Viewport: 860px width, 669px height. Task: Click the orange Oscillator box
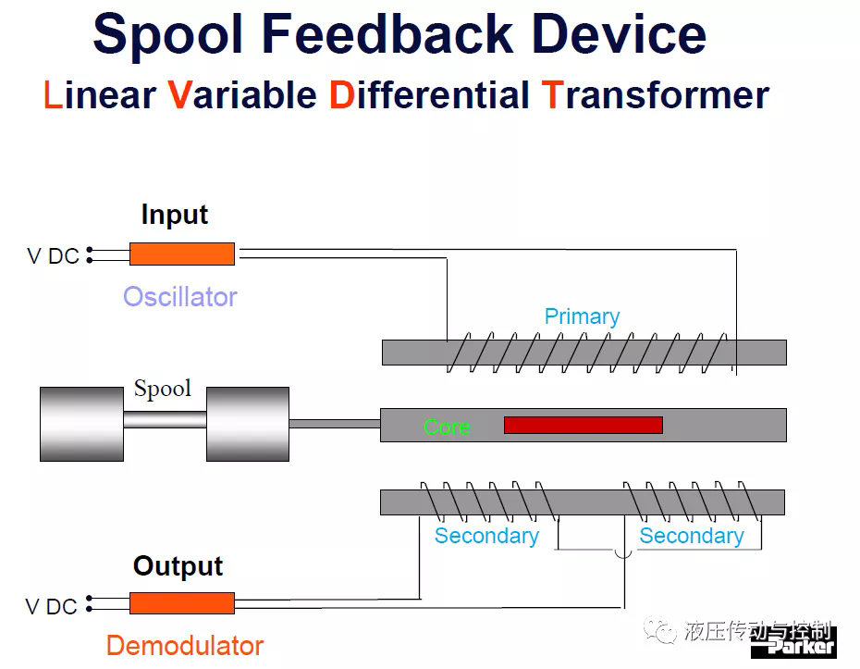[182, 254]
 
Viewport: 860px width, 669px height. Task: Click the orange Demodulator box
[182, 603]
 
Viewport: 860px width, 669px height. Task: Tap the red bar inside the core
[584, 426]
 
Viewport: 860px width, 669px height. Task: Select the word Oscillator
[180, 297]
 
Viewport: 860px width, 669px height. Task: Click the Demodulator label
[185, 645]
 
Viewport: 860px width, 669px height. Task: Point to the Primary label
[582, 316]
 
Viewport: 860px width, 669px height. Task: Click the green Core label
[447, 427]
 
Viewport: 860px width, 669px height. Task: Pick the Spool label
[163, 389]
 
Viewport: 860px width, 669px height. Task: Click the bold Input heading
[175, 215]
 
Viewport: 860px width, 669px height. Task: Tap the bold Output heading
[178, 565]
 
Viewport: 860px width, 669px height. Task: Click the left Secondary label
[486, 536]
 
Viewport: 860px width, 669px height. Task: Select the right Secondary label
[692, 536]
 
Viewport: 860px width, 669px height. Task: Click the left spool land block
[81, 424]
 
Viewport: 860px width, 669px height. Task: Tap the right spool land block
[248, 424]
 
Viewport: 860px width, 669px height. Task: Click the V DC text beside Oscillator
[54, 256]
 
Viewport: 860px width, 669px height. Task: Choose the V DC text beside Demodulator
[51, 607]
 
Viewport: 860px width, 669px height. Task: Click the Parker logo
[793, 644]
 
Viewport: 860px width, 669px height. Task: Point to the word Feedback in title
[387, 34]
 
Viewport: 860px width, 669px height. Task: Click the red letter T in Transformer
[552, 95]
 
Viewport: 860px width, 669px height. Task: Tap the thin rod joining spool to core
[335, 424]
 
